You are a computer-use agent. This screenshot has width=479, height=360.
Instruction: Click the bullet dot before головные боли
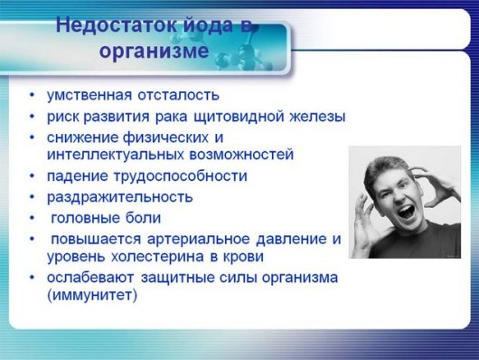(x=33, y=218)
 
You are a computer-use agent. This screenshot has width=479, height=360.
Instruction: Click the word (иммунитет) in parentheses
(x=92, y=295)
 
